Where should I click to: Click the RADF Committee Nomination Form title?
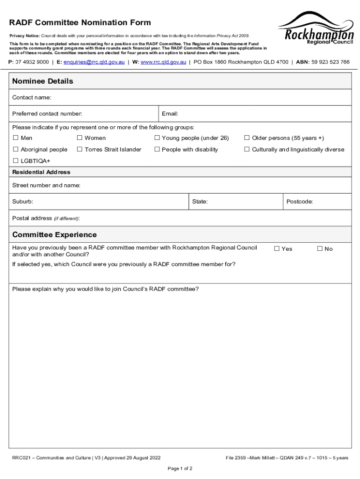80,23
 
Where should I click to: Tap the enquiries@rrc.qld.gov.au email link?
94,62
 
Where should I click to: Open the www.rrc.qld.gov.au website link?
163,62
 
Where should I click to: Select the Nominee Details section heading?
43,81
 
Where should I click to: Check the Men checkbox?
15,138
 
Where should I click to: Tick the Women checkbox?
79,138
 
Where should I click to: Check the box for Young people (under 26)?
157,138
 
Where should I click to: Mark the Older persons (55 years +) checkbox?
247,138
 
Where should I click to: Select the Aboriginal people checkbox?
15,150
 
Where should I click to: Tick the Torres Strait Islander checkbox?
79,150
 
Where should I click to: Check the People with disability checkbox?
157,150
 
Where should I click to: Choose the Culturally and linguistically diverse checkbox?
247,150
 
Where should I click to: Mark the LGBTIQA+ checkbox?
15,161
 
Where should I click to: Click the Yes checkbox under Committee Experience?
276,248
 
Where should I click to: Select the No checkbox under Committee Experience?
320,248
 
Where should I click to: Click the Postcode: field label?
300,202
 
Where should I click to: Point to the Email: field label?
170,114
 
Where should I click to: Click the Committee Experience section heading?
54,235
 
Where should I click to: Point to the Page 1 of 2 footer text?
180,468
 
